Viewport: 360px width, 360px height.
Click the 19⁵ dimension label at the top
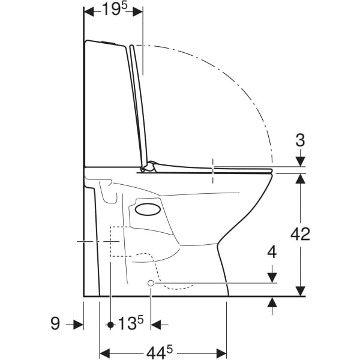[115, 9]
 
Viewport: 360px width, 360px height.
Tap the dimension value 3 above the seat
[300, 140]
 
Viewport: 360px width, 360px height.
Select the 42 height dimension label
[300, 234]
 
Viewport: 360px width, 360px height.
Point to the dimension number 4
[272, 252]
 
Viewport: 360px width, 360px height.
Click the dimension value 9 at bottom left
[55, 323]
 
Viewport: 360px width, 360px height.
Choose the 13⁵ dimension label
[131, 323]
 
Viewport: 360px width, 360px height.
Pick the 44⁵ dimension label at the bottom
[160, 352]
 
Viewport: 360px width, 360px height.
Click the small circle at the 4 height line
[151, 283]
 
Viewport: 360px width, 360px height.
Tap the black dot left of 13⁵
[111, 325]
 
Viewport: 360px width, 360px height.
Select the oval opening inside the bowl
[148, 209]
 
